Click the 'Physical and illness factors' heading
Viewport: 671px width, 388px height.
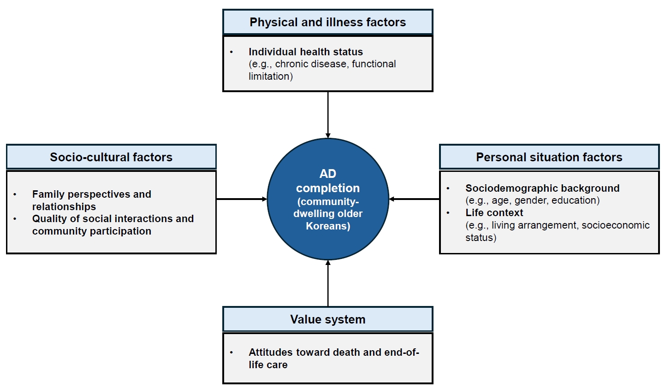[x=327, y=22]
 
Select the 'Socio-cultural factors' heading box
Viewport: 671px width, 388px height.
[x=111, y=157]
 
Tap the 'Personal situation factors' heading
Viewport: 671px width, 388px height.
[x=549, y=157]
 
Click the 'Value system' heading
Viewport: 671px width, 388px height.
[x=327, y=319]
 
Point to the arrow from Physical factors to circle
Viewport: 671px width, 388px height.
[x=328, y=115]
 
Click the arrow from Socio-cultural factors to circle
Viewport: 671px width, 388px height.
[x=242, y=199]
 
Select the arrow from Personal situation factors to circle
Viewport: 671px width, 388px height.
[x=414, y=199]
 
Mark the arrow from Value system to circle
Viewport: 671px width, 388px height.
[x=328, y=283]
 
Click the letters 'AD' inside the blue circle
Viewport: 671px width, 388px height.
[x=328, y=174]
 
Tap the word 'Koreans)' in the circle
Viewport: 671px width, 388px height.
[x=328, y=226]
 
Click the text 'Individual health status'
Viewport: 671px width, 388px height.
[x=306, y=52]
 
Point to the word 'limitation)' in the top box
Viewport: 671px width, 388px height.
[x=271, y=76]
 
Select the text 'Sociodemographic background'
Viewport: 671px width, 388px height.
[x=542, y=188]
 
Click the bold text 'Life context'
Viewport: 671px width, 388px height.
[x=494, y=213]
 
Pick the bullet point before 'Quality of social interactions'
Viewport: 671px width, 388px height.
[x=15, y=219]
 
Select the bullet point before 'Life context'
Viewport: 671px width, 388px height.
[x=448, y=213]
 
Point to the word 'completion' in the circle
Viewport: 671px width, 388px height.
[x=328, y=188]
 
